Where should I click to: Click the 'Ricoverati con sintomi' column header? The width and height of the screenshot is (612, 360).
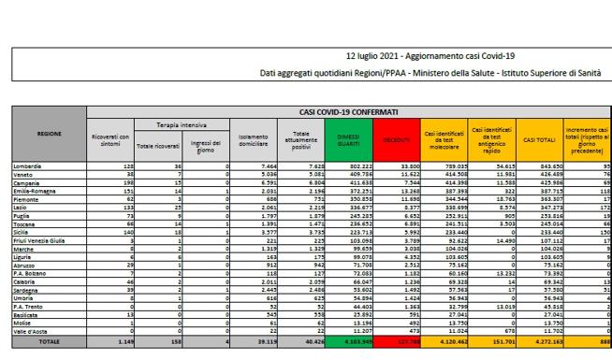(x=110, y=138)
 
